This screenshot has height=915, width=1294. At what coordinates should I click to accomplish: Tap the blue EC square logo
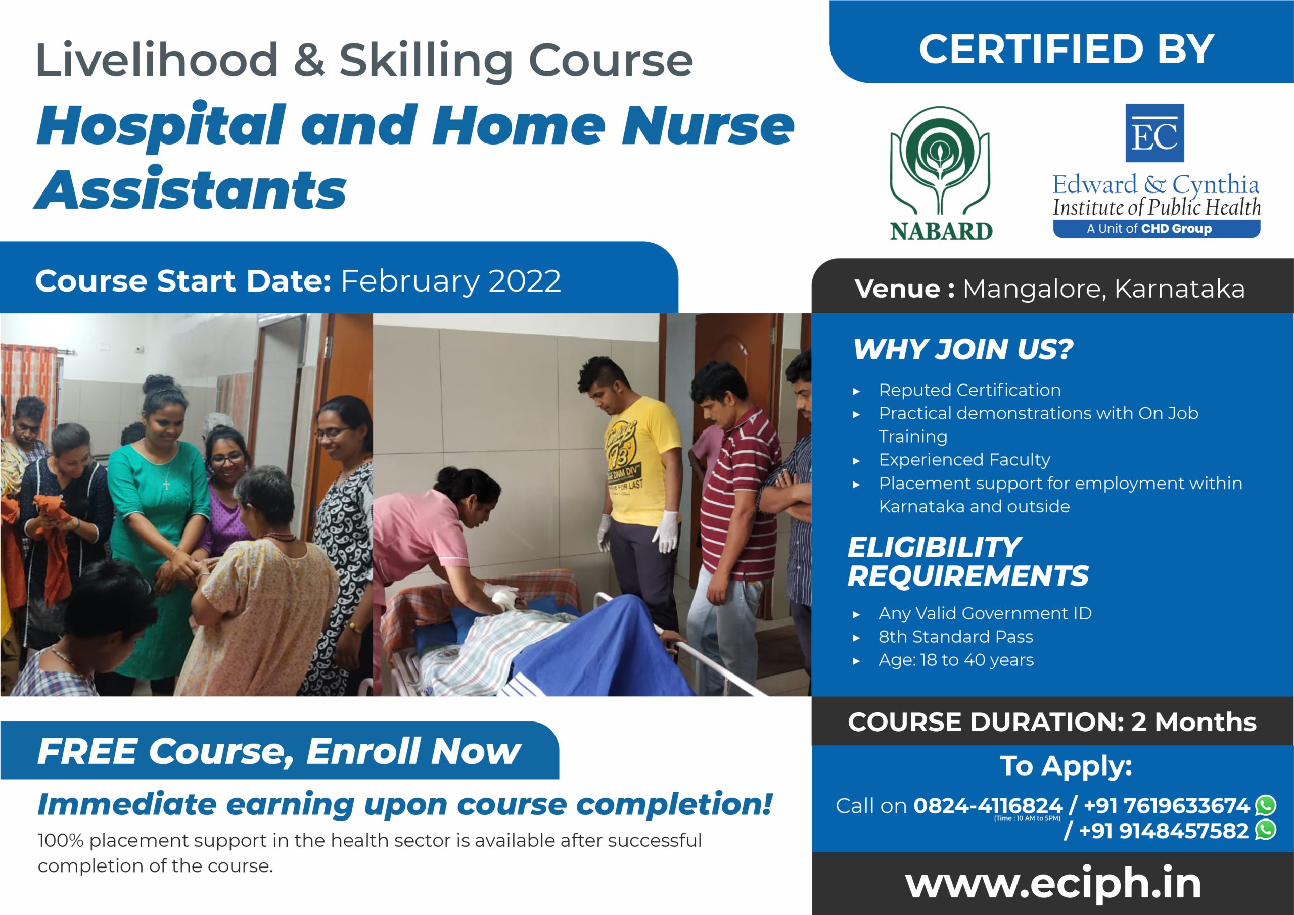(x=1154, y=133)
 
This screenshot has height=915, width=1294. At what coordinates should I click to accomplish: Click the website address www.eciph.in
(x=1053, y=884)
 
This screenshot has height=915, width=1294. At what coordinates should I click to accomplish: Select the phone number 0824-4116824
(x=987, y=806)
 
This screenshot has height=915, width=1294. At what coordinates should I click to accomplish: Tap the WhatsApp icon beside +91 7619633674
(x=1266, y=805)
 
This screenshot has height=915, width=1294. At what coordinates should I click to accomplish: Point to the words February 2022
(x=451, y=281)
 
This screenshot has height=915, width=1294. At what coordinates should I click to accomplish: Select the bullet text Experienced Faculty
(x=964, y=460)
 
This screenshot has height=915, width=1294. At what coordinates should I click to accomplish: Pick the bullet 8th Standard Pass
(x=956, y=637)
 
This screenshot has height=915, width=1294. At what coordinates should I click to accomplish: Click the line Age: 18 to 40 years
(x=956, y=660)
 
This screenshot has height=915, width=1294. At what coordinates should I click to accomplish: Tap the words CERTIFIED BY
(x=1067, y=49)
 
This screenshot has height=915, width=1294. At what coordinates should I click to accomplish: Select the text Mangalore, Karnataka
(x=1103, y=288)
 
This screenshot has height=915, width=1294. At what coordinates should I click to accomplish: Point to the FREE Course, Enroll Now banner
(x=280, y=750)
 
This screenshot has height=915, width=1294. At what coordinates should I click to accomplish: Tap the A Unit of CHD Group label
(x=1157, y=229)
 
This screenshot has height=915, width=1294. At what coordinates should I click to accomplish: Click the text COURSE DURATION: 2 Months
(x=1052, y=722)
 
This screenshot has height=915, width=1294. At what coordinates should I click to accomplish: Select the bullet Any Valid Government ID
(x=985, y=613)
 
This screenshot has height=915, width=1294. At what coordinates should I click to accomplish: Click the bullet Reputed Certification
(x=970, y=390)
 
